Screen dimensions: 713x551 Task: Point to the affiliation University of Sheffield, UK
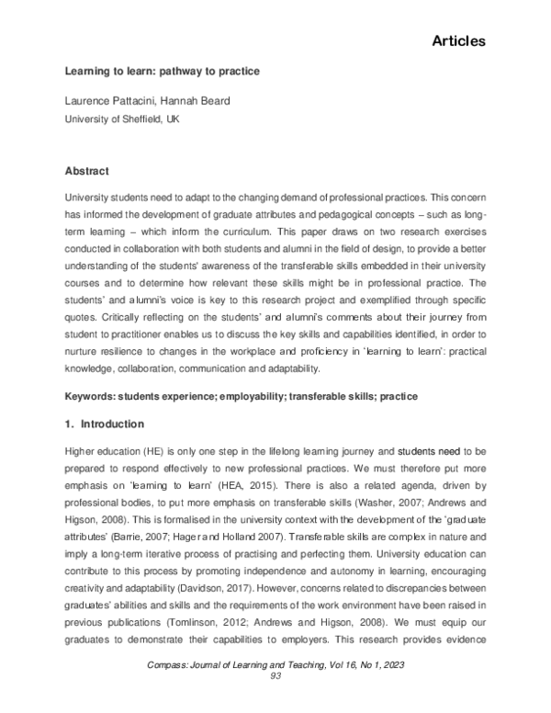pyautogui.click(x=121, y=119)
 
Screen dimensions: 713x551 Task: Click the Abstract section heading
pyautogui.click(x=87, y=172)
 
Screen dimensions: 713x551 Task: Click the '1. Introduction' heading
pyautogui.click(x=105, y=424)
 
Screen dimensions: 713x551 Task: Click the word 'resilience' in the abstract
pyautogui.click(x=131, y=342)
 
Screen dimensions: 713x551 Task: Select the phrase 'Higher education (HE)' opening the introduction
pyautogui.click(x=117, y=452)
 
